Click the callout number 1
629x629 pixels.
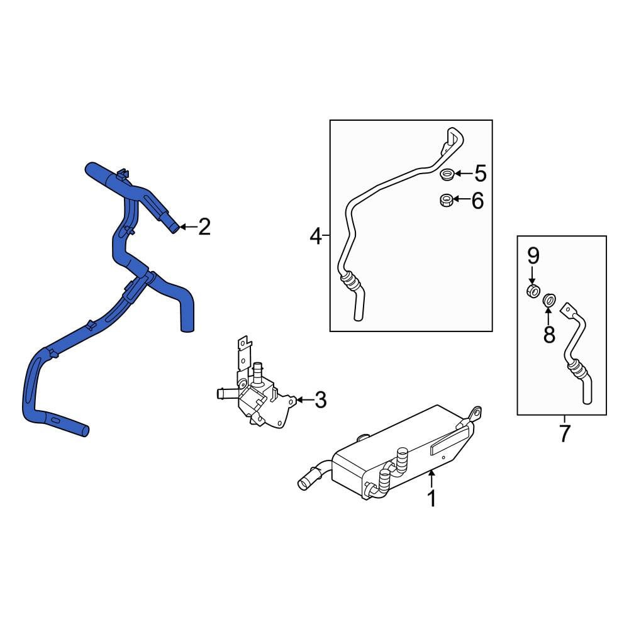[431, 499]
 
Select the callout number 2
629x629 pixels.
[204, 227]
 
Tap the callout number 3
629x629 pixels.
[321, 400]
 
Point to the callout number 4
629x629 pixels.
[316, 236]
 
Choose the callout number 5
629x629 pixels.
[480, 174]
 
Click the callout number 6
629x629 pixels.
[477, 201]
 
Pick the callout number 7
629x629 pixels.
[564, 433]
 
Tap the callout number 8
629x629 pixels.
[548, 334]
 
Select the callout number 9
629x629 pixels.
[533, 256]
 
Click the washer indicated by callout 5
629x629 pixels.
[447, 174]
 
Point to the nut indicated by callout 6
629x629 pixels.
[447, 200]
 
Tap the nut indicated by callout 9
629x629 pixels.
[533, 291]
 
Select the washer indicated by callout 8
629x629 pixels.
[548, 299]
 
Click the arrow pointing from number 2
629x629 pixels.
[188, 227]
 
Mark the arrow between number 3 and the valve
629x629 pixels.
[304, 400]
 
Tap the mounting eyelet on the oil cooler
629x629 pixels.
[476, 413]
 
